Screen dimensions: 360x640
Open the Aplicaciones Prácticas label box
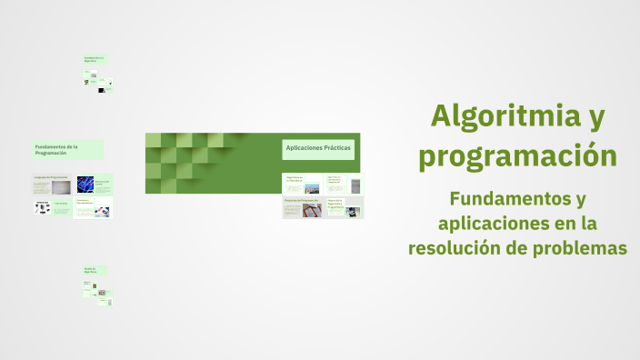[318, 148]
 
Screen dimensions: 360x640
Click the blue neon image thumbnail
[85, 185]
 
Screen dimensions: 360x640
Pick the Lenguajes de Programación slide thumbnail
[52, 184]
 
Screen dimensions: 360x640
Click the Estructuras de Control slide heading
[102, 182]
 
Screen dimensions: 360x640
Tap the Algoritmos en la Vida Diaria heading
[295, 179]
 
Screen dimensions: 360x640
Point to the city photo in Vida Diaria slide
[312, 188]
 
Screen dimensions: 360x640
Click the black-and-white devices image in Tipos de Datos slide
[42, 207]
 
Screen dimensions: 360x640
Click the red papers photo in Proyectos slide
[312, 211]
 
